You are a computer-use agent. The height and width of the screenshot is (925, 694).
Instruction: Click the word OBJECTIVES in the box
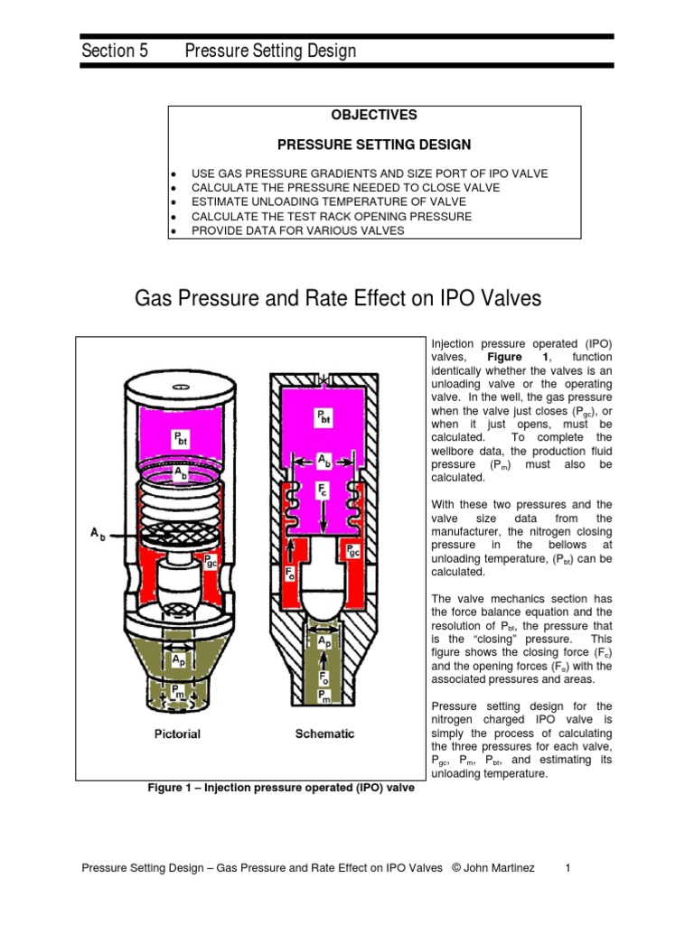tap(373, 115)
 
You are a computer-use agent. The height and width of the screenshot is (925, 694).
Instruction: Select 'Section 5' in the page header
tap(114, 51)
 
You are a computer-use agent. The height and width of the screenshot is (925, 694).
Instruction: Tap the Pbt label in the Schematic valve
tap(323, 416)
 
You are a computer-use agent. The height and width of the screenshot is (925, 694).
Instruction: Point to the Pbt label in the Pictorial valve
tap(183, 440)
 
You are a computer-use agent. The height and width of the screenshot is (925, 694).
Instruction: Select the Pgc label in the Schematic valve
tap(353, 550)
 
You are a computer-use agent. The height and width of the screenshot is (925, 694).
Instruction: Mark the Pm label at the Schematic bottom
tap(324, 694)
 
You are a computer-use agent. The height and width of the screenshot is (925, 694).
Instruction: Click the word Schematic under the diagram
tap(324, 733)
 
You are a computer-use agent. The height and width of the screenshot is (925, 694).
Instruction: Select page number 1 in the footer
tap(567, 868)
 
